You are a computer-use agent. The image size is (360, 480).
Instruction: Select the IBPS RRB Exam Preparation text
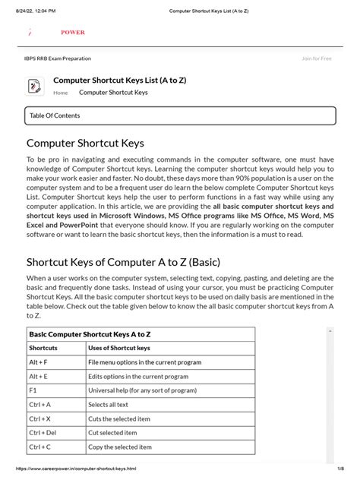tap(57, 58)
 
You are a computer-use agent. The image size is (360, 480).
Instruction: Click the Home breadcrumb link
tap(60, 93)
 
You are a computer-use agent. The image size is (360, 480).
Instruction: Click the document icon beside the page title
tap(35, 87)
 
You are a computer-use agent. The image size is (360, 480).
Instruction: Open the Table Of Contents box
tap(179, 115)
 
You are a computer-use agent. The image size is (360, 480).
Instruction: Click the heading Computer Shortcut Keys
tap(85, 143)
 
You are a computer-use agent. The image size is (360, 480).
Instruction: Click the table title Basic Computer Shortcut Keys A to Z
tap(90, 333)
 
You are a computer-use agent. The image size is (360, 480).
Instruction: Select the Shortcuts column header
tap(43, 348)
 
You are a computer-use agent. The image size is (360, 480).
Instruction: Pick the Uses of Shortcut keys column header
tap(118, 348)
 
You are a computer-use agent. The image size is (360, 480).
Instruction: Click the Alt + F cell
tap(39, 362)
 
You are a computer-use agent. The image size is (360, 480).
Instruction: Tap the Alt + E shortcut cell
tap(39, 376)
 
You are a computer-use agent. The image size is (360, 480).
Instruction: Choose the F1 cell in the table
tap(33, 390)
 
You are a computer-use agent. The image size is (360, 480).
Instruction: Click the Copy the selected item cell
tap(120, 447)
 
